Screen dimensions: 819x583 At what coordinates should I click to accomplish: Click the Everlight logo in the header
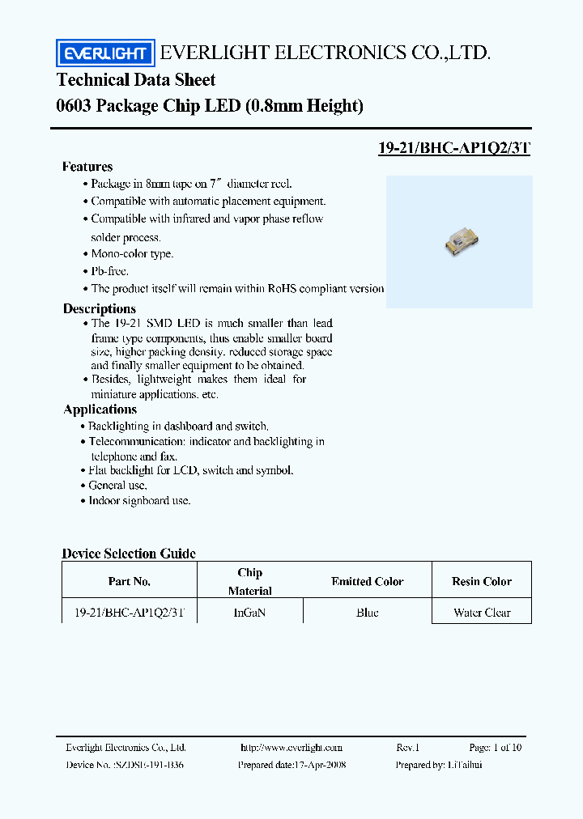tap(104, 54)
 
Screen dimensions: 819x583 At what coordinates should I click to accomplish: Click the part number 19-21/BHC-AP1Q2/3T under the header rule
tap(454, 148)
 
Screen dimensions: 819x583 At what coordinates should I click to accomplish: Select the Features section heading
tap(87, 167)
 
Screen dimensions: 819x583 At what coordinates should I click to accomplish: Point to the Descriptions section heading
tap(100, 308)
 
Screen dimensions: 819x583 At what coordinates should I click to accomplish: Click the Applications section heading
tap(100, 409)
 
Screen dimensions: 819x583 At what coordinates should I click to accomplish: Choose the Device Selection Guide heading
tap(129, 554)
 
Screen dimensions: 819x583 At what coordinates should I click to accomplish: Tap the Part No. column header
tap(130, 582)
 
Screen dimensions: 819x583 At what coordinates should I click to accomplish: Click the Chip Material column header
tap(250, 582)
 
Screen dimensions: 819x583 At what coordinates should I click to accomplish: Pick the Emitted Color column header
tap(367, 582)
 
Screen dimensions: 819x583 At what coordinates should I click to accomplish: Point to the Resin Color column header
tap(482, 582)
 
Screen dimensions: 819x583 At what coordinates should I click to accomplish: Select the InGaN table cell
tap(249, 613)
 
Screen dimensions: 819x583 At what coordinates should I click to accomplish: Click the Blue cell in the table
tap(367, 613)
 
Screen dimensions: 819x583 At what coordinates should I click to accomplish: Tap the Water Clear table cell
tap(482, 613)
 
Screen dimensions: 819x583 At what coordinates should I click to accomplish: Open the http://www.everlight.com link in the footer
tap(291, 748)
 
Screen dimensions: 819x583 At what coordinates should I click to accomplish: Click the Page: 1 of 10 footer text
tap(495, 748)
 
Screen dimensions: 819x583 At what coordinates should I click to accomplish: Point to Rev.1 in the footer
tap(408, 748)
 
